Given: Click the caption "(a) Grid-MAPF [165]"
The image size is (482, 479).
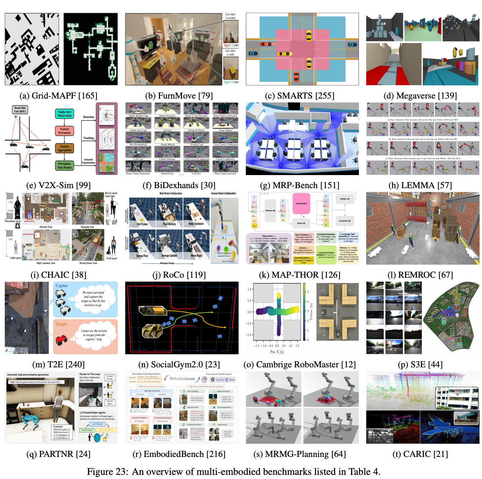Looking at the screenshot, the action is coord(58,95).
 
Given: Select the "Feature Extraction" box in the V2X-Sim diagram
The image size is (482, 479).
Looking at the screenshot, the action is coord(64,131).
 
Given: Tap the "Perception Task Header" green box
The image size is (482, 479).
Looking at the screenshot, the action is coord(64,165).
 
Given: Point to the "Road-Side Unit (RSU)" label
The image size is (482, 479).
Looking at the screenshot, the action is coord(20,110).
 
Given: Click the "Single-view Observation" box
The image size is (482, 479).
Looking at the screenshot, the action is coord(64,114).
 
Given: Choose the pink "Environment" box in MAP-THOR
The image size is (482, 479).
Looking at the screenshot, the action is coord(301,203).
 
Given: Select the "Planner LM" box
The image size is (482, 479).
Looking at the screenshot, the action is coord(270,210).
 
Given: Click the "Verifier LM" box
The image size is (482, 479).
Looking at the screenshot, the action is coord(344,199).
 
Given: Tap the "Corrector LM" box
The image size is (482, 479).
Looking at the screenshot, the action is coord(344,221).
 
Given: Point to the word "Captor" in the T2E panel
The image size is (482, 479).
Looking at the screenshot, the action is coord(62,286).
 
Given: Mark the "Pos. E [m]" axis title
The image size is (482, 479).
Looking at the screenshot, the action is coord(277,352).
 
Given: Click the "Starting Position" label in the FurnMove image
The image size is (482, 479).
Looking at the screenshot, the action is coord(202,31).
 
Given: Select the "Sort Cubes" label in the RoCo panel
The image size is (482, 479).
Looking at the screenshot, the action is coord(142,224).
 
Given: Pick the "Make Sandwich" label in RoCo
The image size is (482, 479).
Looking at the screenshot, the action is coord(196,224).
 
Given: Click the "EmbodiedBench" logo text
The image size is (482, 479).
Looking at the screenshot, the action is coord(182,379).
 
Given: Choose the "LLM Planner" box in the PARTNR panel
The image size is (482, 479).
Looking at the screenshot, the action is coord(97,424).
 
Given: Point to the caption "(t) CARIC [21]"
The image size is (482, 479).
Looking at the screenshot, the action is coord(420,454).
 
